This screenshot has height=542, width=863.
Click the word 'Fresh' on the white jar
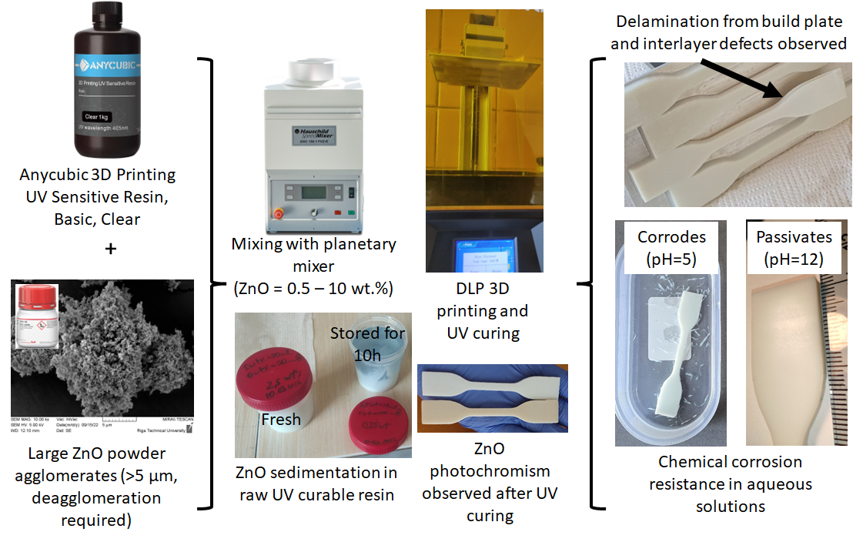280,420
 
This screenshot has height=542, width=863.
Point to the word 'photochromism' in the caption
490,470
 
